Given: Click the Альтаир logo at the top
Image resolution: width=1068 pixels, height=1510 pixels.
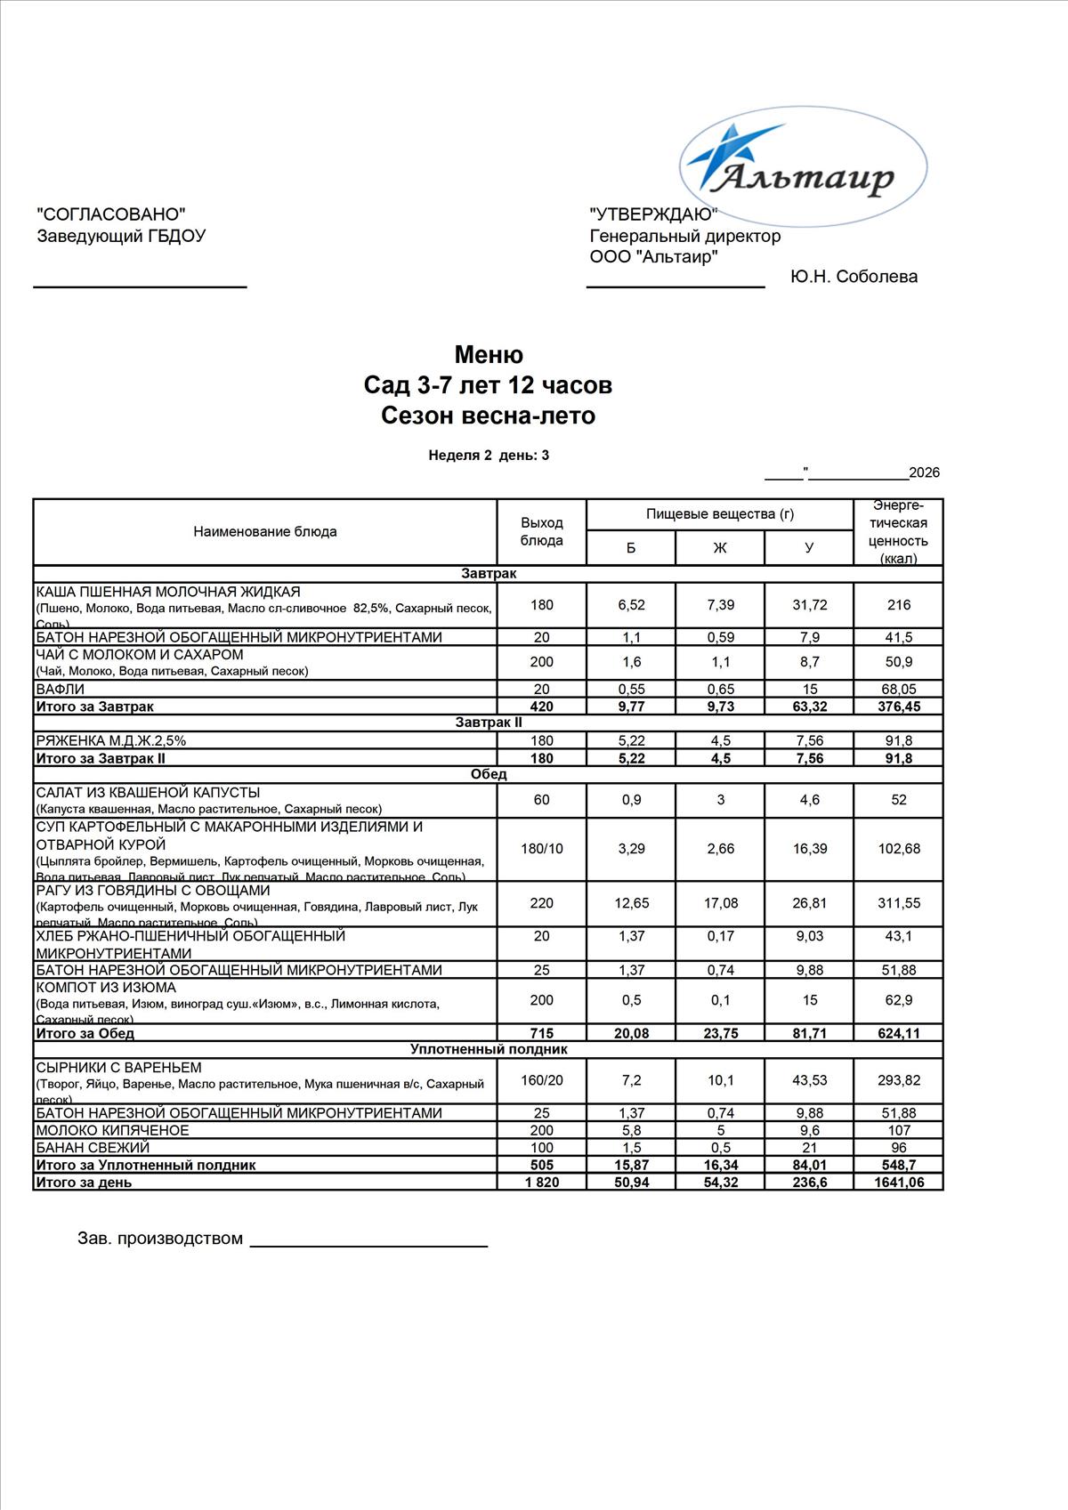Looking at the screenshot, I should click(804, 166).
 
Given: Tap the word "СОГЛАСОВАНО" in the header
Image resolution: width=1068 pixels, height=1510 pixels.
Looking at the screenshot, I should click(111, 214).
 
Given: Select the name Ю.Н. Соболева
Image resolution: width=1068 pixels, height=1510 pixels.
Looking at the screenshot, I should click(854, 277).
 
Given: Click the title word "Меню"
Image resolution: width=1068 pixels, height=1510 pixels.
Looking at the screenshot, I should click(489, 355).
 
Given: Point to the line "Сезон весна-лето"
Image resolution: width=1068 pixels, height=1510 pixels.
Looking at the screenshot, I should click(488, 416).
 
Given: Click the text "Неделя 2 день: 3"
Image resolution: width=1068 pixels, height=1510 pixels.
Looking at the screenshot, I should click(489, 456).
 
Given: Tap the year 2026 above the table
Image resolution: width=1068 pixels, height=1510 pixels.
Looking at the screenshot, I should click(924, 472).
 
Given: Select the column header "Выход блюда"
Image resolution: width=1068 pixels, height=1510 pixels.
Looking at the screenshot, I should click(541, 532).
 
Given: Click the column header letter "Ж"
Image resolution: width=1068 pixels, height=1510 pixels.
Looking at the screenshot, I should click(719, 548).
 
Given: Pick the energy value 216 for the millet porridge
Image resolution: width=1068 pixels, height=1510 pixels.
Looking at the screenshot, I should click(899, 605).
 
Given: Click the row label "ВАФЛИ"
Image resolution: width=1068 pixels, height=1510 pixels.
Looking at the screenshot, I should click(61, 690).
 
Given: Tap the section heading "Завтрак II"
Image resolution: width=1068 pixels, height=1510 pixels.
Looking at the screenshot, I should click(489, 723).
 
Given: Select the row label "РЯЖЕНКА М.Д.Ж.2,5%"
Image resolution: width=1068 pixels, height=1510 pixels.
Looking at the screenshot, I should click(111, 740).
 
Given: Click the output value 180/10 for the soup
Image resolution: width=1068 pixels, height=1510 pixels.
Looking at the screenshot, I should click(541, 849).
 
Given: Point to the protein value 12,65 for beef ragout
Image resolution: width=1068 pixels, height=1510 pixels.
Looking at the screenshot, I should click(631, 903).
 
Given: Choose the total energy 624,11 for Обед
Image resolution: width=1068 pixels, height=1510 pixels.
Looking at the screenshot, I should click(899, 1034).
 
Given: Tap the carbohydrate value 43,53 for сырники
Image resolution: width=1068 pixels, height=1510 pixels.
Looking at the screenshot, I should click(809, 1080).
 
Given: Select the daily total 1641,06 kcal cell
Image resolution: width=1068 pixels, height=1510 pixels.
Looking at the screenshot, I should click(899, 1183).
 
